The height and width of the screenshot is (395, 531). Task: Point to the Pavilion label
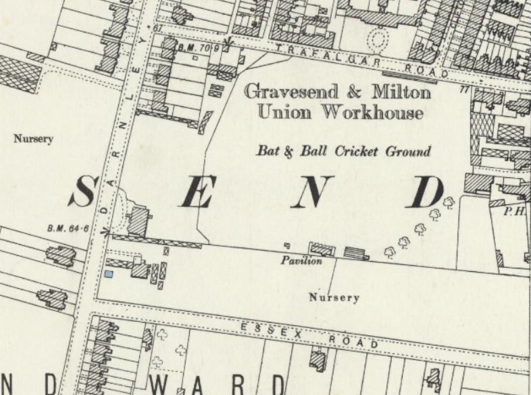(301, 260)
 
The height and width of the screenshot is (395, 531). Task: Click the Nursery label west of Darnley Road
(33, 139)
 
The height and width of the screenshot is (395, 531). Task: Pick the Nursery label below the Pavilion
(334, 297)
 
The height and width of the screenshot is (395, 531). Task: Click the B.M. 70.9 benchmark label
(199, 48)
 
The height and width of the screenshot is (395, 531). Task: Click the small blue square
(108, 274)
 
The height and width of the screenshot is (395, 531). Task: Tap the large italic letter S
(82, 192)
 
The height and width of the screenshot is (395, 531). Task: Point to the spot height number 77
(463, 89)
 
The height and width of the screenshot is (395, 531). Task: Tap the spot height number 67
(159, 28)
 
